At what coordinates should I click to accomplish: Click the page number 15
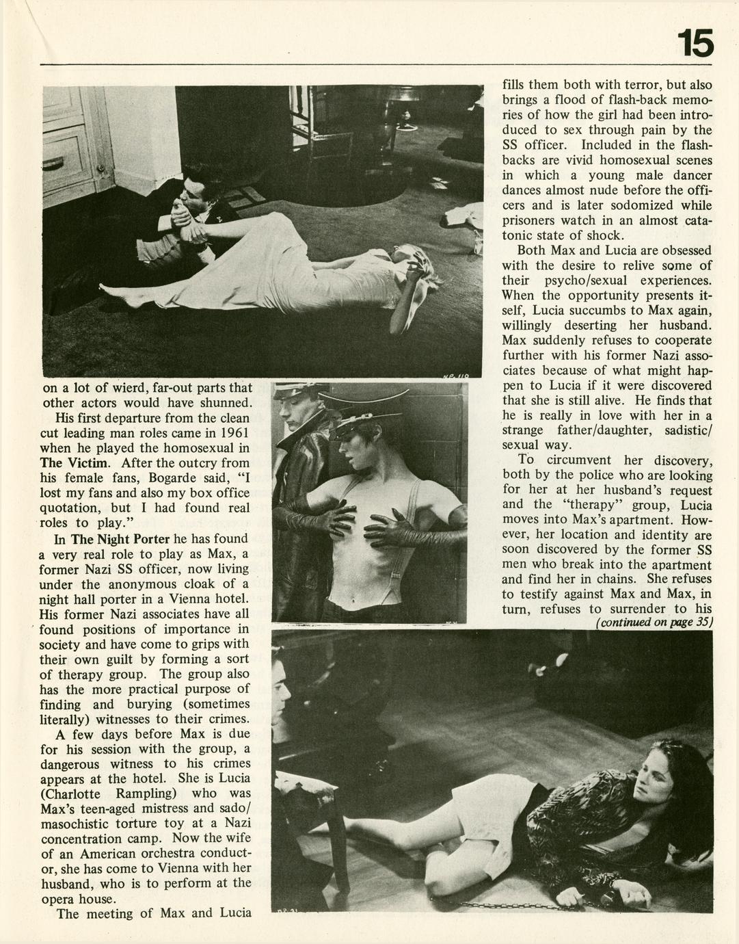click(x=695, y=44)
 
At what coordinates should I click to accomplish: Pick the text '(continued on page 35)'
click(x=654, y=622)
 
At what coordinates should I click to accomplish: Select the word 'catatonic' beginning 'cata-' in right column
click(x=696, y=220)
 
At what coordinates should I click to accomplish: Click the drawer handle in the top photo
click(x=53, y=163)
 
